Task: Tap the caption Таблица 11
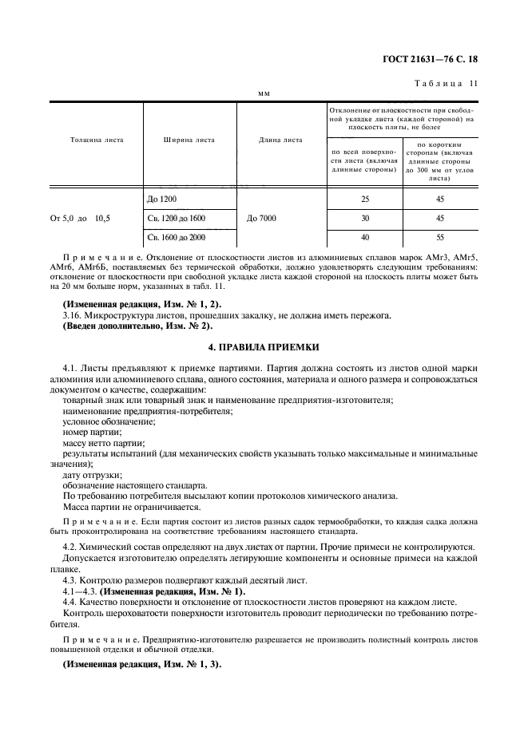pos(447,84)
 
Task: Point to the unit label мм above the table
pos(264,93)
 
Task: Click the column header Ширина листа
pos(189,140)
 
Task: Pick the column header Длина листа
pos(280,140)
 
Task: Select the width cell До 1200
pos(161,197)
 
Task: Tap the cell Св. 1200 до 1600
pos(177,217)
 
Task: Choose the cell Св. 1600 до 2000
pos(177,237)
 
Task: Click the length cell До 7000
pos(264,217)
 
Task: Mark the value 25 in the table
pos(365,197)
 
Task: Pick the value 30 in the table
pos(365,217)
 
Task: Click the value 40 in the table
pos(365,237)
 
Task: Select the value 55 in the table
pos(440,237)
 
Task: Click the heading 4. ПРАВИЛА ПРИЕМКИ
pos(264,347)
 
